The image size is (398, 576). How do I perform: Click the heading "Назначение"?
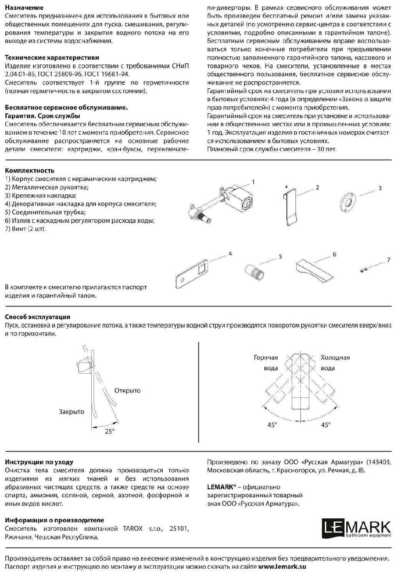(x=24, y=7)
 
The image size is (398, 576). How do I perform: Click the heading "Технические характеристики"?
(x=52, y=58)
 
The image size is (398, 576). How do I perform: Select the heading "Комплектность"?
(x=30, y=170)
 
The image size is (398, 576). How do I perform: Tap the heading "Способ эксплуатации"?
(x=38, y=317)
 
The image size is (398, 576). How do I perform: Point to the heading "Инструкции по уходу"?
(x=39, y=462)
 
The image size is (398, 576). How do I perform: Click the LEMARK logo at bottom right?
(x=356, y=529)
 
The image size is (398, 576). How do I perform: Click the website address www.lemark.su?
(x=282, y=566)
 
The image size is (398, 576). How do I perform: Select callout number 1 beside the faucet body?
(x=253, y=182)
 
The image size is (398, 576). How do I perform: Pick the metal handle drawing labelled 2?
(x=291, y=207)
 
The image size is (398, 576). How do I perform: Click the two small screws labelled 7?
(x=363, y=270)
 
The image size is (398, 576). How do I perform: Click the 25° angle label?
(x=110, y=431)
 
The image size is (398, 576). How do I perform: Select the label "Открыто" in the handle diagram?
(x=127, y=391)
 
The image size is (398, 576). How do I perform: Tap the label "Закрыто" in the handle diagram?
(x=71, y=412)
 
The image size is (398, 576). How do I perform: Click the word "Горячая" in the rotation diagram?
(x=266, y=358)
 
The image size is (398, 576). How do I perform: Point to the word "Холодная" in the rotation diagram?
(x=335, y=358)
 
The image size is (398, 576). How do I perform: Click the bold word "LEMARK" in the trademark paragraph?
(x=220, y=487)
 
